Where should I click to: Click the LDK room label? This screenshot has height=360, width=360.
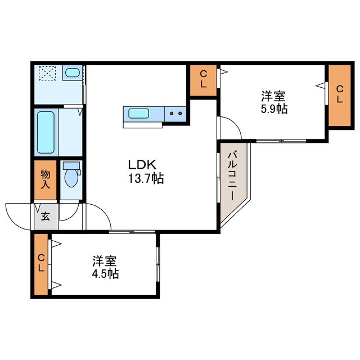142,165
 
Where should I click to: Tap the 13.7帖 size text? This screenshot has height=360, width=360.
146,178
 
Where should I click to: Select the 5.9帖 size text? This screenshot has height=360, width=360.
274,109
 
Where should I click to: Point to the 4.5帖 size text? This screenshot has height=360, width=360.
105,273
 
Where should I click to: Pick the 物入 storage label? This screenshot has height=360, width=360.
45,179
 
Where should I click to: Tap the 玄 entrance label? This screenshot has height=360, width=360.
46,216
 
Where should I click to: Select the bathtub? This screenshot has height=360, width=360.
46,133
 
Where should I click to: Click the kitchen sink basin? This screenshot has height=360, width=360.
138,114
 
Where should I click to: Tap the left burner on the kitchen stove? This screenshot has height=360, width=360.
172,114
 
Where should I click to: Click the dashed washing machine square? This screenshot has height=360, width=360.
47,73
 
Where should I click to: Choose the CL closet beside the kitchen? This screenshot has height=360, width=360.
204,80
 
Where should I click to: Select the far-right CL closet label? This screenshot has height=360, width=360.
340,94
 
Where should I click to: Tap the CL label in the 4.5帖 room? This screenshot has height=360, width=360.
41,263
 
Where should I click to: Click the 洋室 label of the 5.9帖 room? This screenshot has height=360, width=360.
273,96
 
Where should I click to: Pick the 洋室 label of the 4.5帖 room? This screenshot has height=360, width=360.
105,260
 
